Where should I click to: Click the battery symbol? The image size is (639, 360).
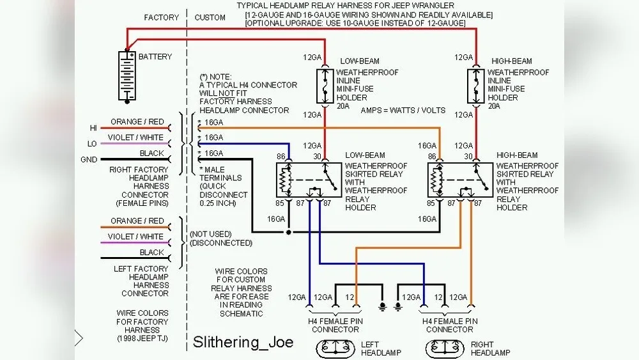click(x=128, y=76)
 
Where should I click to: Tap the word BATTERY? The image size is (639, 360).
click(x=155, y=57)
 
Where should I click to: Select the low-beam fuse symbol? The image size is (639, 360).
click(x=325, y=86)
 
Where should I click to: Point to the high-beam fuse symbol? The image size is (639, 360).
click(x=475, y=86)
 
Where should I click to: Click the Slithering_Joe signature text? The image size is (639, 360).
click(x=243, y=342)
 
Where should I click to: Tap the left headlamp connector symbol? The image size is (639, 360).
click(x=335, y=347)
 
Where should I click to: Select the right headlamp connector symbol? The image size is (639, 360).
click(x=445, y=347)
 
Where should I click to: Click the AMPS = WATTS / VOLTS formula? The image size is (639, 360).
click(x=403, y=111)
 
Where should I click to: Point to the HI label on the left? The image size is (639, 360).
click(x=93, y=128)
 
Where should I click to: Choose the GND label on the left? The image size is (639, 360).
click(x=89, y=160)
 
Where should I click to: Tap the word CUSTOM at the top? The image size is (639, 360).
click(x=210, y=17)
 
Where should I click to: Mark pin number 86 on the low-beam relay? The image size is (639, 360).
click(x=280, y=156)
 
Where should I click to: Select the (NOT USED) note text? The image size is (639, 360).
click(x=210, y=234)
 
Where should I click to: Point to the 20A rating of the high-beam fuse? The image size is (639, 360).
click(x=494, y=106)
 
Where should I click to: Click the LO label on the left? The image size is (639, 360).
click(x=93, y=144)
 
